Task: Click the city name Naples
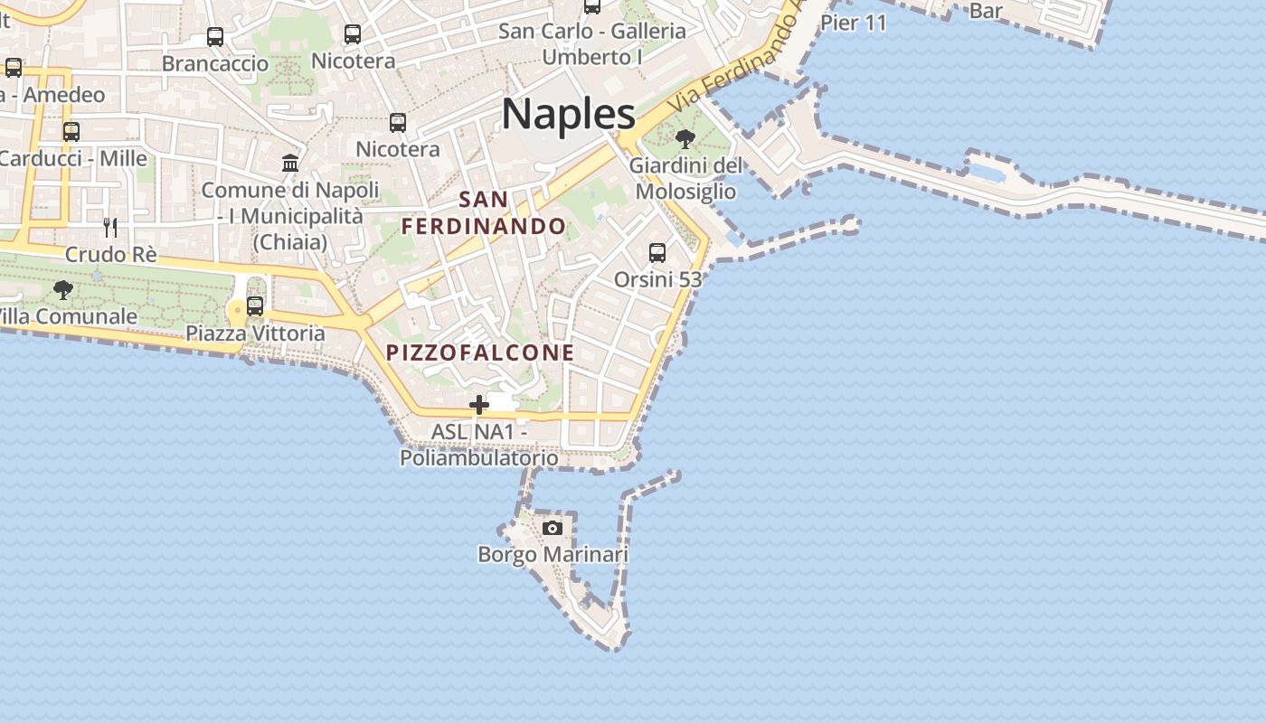tap(568, 114)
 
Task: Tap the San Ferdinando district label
tap(484, 212)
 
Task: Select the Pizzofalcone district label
tap(480, 352)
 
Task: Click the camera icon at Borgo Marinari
tap(552, 528)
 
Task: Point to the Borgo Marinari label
tap(553, 554)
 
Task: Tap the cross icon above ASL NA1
tap(479, 405)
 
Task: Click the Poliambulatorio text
tap(479, 458)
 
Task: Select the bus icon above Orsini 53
tap(657, 253)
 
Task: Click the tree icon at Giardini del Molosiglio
tap(685, 139)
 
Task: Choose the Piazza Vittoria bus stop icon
tap(255, 306)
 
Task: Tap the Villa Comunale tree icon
tap(62, 290)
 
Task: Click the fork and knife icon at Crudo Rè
tap(110, 227)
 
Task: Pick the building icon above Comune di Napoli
tap(290, 163)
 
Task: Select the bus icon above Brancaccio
tap(215, 37)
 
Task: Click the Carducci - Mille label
tap(72, 159)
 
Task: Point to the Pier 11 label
tap(853, 23)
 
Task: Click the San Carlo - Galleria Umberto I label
tap(592, 43)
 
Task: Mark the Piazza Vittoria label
tap(255, 333)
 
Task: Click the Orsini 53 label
tap(657, 279)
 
